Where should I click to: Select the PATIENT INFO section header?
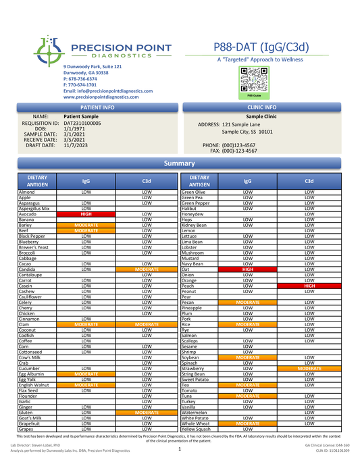pos(97,107)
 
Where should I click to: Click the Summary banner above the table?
pos(180,163)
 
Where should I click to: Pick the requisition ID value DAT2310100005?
pos(82,124)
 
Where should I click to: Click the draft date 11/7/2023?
pos(76,145)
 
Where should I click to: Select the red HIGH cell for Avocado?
pos(86,214)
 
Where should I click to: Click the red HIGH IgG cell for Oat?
pos(247,269)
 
